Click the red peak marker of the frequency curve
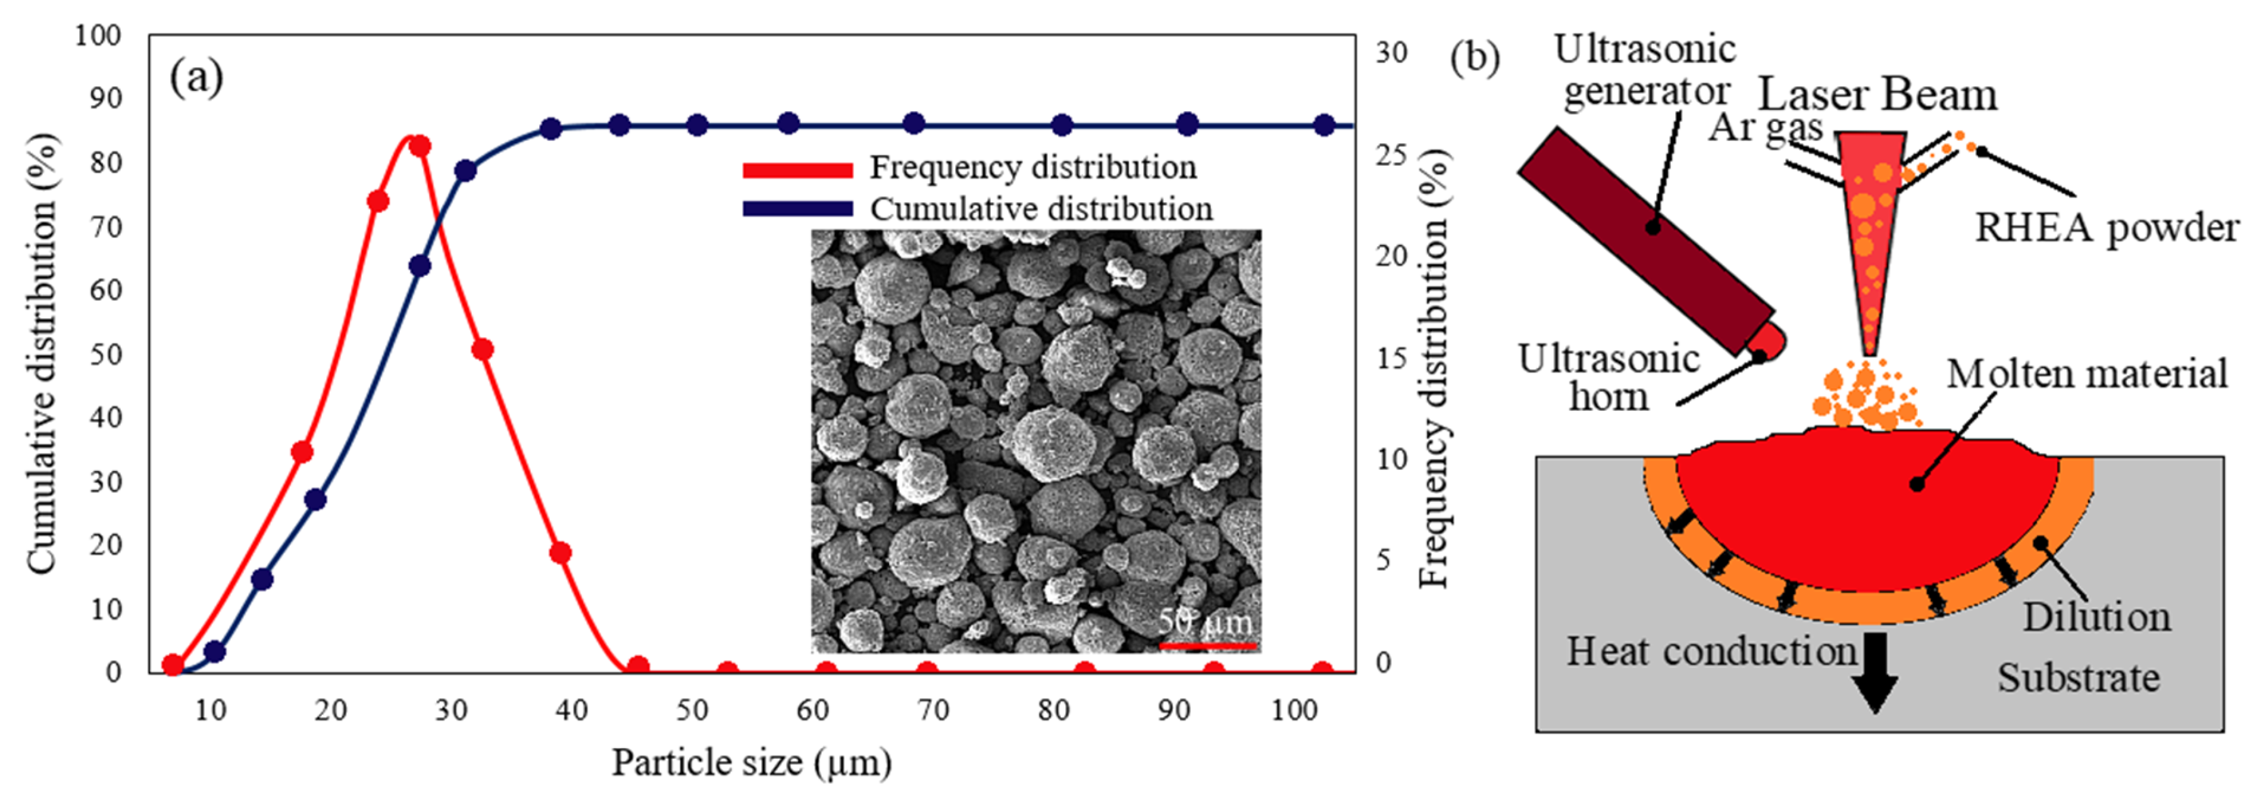[420, 146]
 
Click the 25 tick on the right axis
[1391, 155]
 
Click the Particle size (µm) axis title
[751, 762]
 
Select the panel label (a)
[196, 77]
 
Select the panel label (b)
[1474, 57]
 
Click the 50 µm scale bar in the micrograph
[1208, 645]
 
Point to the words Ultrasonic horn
[1609, 378]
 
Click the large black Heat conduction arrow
[1875, 672]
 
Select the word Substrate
[2079, 678]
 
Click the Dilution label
[2097, 617]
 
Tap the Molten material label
[2086, 374]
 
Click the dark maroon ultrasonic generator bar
[1646, 239]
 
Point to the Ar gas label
[1765, 128]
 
